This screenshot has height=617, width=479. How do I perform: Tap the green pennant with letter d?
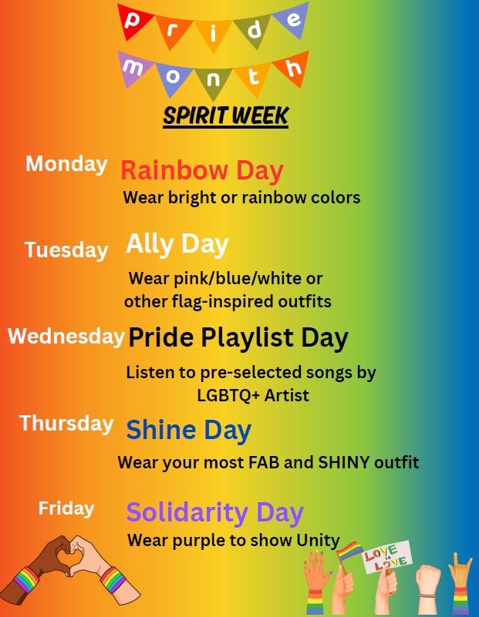pos(253,30)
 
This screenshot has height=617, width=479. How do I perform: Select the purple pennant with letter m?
pos(134,67)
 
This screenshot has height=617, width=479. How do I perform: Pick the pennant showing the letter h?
pos(292,67)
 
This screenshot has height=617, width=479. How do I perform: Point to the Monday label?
pos(66,164)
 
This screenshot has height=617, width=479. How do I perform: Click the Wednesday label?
pos(66,336)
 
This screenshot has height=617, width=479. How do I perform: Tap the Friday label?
pos(66,508)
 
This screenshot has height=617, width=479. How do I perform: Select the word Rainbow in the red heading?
pos(174,170)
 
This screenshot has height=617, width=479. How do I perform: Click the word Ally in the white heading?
pos(150,244)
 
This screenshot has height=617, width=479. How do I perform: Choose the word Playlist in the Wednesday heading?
pos(247,337)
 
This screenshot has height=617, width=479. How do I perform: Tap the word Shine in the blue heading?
pos(161,430)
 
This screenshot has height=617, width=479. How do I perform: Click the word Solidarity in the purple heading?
pos(187,512)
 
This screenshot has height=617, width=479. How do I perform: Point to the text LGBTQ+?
pos(228,395)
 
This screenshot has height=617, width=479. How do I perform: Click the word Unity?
pos(318,541)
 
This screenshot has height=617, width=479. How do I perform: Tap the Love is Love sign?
pos(386,557)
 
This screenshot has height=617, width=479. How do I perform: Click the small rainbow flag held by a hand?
pos(349,552)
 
